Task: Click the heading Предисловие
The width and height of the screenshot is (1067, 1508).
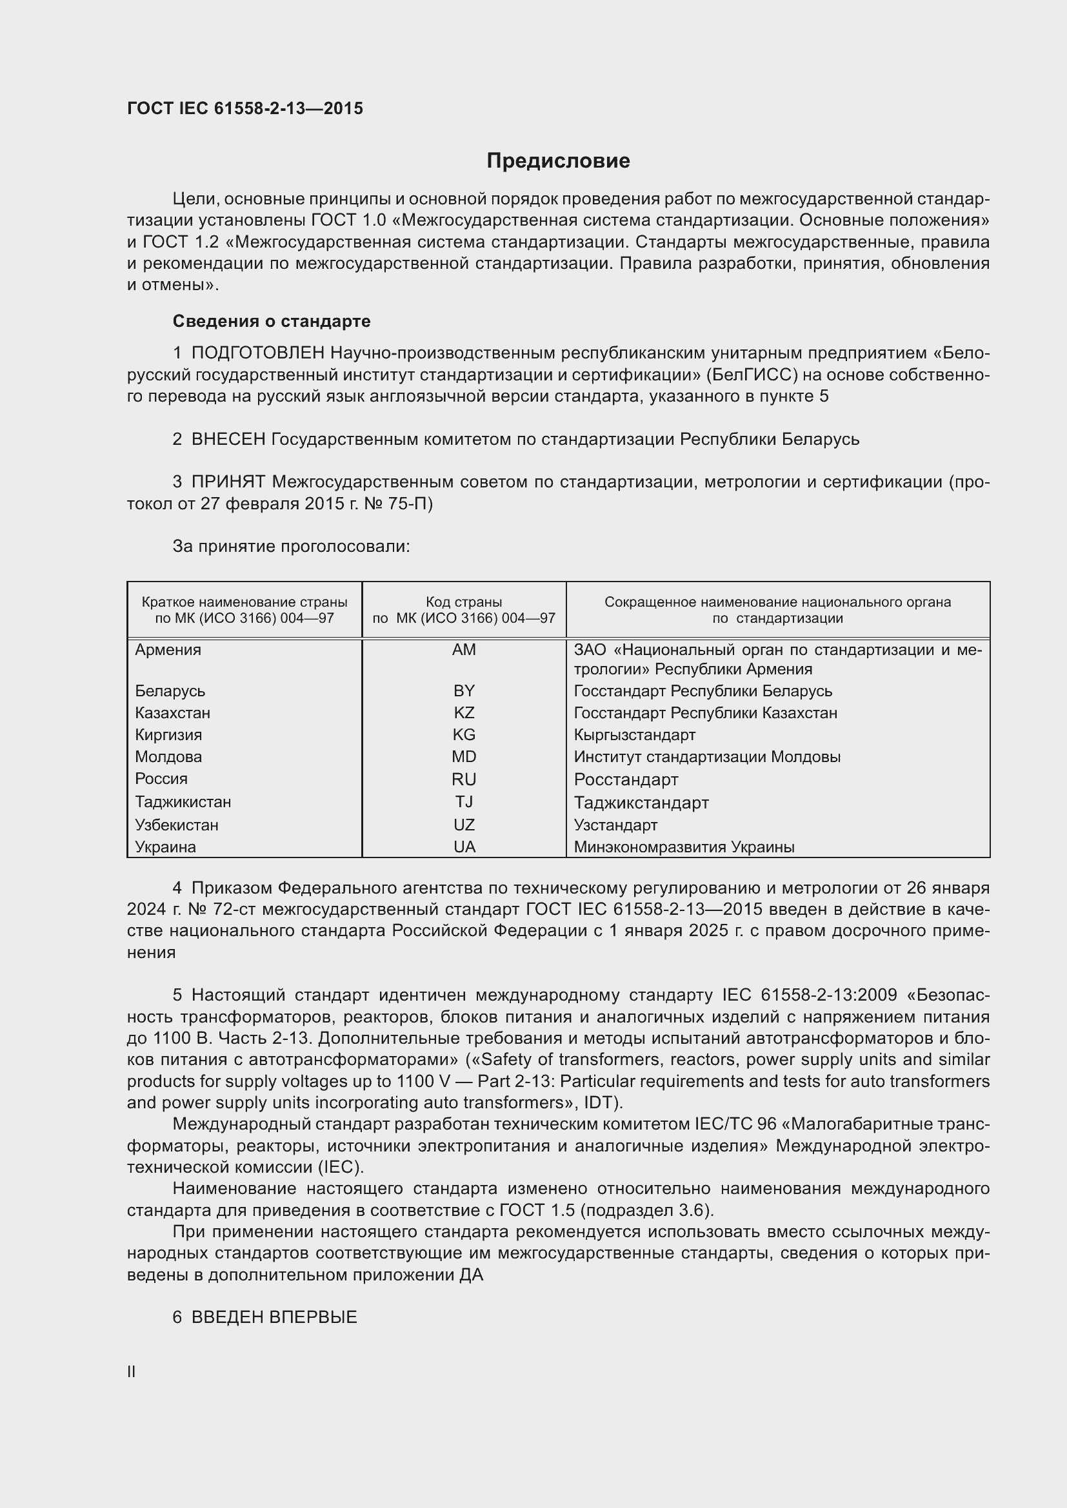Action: tap(558, 161)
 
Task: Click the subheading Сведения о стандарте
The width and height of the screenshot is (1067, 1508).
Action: tap(272, 321)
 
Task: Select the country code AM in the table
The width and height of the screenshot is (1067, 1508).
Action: tap(464, 650)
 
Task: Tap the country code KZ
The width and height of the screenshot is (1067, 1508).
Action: tap(464, 712)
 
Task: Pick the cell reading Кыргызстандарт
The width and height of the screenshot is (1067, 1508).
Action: tap(634, 735)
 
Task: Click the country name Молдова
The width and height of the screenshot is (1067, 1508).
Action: tap(168, 757)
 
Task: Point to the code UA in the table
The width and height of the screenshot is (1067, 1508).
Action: tap(464, 847)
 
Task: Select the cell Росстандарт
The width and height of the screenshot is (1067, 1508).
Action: tap(626, 779)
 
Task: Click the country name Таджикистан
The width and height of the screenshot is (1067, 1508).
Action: tap(183, 802)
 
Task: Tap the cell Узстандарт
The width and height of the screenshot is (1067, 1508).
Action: tap(615, 825)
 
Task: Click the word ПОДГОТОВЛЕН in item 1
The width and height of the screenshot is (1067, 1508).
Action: tap(257, 353)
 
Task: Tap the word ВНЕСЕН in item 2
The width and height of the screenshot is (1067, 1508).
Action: tap(228, 440)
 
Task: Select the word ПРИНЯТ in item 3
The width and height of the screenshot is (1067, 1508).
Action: tap(228, 482)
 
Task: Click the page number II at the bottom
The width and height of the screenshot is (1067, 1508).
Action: tap(132, 1371)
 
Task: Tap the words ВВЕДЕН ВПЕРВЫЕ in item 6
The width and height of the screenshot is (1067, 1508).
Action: tap(274, 1317)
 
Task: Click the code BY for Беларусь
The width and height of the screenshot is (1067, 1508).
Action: tap(464, 691)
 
